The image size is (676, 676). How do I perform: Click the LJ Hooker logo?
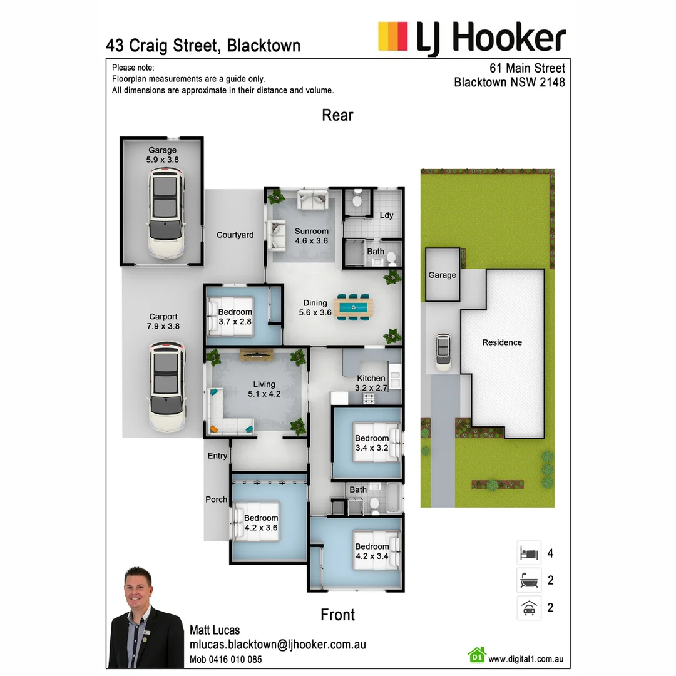coord(472,38)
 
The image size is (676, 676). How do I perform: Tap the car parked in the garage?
coord(166,213)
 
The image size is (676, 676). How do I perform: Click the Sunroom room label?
coord(312,231)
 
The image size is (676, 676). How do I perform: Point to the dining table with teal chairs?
coord(354,307)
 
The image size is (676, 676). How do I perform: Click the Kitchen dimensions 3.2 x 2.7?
coord(371,388)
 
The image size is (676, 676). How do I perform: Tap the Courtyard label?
coord(235,235)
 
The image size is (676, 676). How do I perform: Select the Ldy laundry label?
coord(387,215)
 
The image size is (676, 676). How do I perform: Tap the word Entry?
coord(217,456)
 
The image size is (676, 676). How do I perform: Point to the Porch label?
coord(217,499)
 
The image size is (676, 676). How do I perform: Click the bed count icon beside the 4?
coord(529,553)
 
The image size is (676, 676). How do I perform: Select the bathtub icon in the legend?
coord(529,580)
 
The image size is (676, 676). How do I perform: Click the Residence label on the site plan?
coord(502,342)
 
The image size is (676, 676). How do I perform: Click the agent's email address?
coord(278,645)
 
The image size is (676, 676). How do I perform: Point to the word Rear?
coord(337,115)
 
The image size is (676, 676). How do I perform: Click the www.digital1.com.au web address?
coord(526,658)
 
